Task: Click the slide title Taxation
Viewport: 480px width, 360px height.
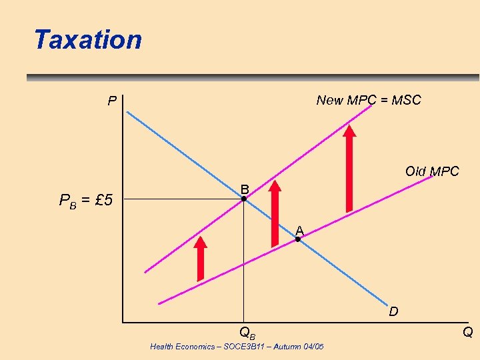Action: pyautogui.click(x=88, y=40)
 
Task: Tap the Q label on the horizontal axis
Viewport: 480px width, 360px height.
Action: pyautogui.click(x=468, y=332)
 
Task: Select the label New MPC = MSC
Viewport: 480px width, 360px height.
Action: pyautogui.click(x=369, y=101)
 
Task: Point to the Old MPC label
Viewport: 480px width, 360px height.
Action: pyautogui.click(x=432, y=171)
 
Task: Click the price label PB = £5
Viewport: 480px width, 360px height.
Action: pyautogui.click(x=86, y=199)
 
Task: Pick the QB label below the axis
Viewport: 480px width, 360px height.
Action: pyautogui.click(x=247, y=332)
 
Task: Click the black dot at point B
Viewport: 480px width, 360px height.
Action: pyautogui.click(x=244, y=199)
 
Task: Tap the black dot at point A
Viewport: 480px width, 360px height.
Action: pyautogui.click(x=298, y=239)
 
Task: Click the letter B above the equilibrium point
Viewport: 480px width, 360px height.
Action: pyautogui.click(x=245, y=188)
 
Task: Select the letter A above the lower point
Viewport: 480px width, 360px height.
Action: pyautogui.click(x=299, y=230)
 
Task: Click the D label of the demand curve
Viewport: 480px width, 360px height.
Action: pyautogui.click(x=394, y=311)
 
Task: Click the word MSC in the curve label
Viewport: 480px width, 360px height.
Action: pyautogui.click(x=406, y=101)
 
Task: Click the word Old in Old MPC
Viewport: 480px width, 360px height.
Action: pyautogui.click(x=416, y=171)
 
